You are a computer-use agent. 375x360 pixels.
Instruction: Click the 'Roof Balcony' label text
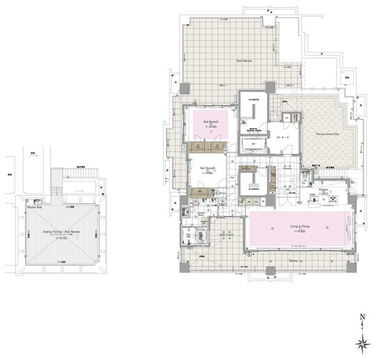tap(247, 61)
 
